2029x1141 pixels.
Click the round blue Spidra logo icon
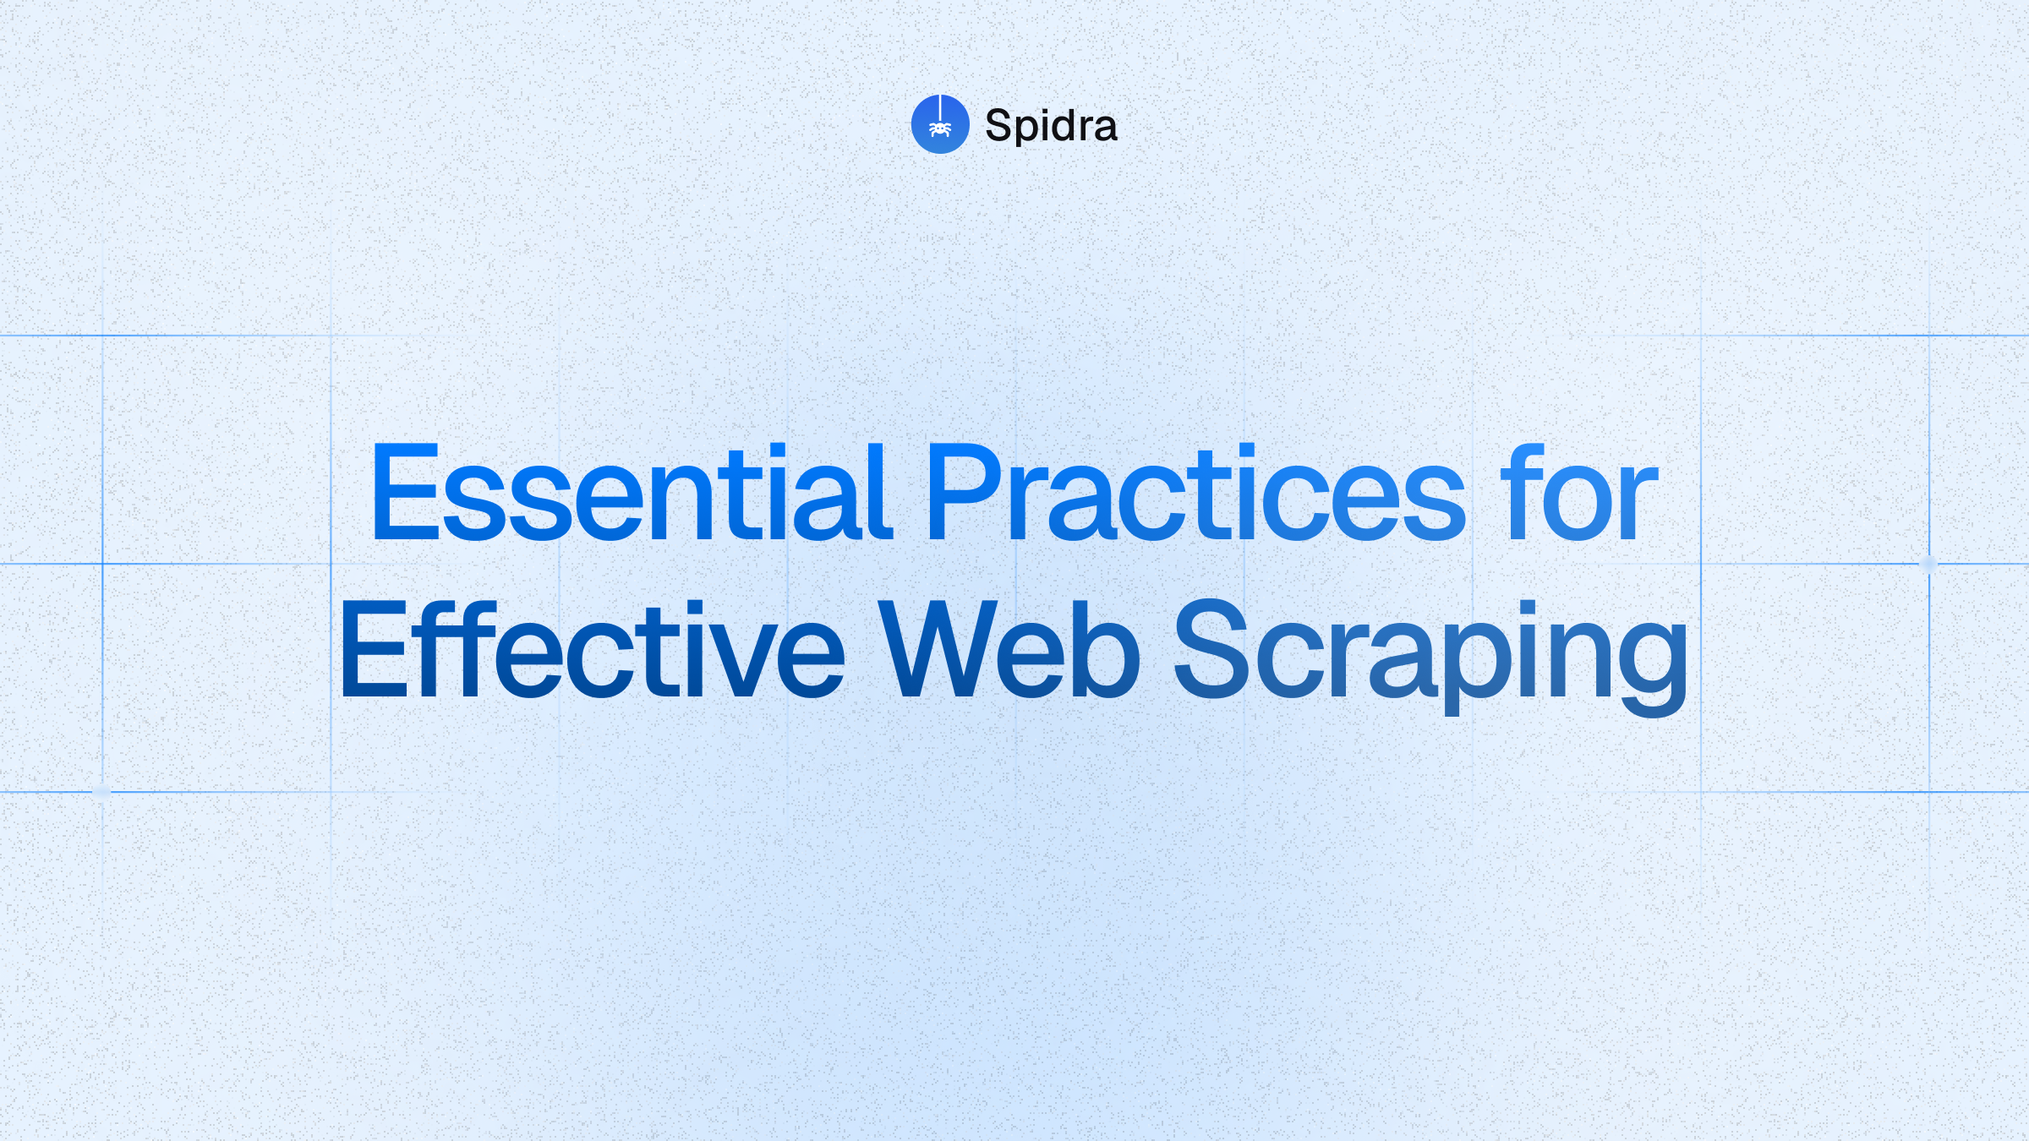pos(940,124)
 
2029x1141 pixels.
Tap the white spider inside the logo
pos(940,129)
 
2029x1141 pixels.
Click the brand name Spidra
pos(1051,126)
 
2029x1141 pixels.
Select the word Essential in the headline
pos(630,493)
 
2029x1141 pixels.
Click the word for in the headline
pos(1578,493)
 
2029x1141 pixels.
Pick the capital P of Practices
pos(963,493)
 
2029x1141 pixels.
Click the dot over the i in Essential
pos(777,449)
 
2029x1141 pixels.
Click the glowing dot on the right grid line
pos(1928,564)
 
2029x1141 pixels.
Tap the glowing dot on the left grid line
pos(101,792)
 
